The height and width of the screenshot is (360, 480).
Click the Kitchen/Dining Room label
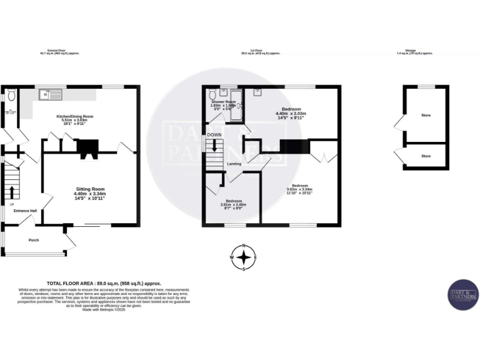pyautogui.click(x=74, y=116)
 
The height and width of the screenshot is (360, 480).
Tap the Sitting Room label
pyautogui.click(x=90, y=189)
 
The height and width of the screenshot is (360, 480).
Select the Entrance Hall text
pyautogui.click(x=26, y=211)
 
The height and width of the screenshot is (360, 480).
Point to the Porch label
pyautogui.click(x=33, y=239)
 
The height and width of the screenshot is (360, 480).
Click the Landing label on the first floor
pyautogui.click(x=234, y=164)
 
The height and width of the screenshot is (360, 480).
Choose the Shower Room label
pyautogui.click(x=223, y=101)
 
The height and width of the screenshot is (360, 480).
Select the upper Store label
pyautogui.click(x=426, y=116)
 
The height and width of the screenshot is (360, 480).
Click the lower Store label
pyautogui.click(x=426, y=156)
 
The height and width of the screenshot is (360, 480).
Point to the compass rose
pyautogui.click(x=244, y=257)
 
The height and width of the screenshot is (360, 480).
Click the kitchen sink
pyautogui.click(x=48, y=95)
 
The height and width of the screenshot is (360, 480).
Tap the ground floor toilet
pyautogui.click(x=11, y=96)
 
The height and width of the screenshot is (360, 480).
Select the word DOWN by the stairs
pyautogui.click(x=214, y=134)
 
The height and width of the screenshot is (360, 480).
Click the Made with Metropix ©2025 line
pyautogui.click(x=103, y=309)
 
